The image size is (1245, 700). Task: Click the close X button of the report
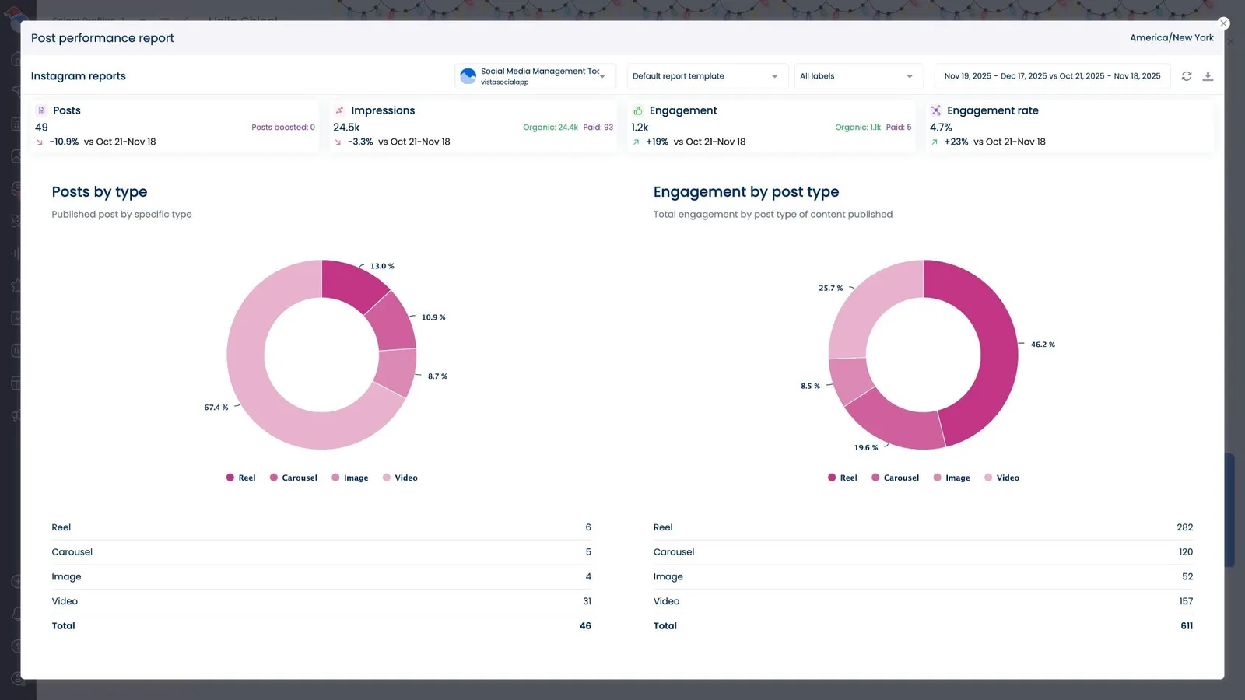tap(1223, 23)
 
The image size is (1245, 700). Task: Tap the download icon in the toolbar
tap(1208, 76)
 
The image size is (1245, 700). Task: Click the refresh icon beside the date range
tap(1186, 76)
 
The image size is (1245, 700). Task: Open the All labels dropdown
tap(857, 76)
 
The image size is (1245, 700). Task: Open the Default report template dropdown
tap(705, 76)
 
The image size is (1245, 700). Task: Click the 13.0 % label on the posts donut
tap(382, 266)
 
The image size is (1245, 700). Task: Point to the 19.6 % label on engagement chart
tap(865, 448)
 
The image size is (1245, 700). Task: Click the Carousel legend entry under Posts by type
tap(294, 478)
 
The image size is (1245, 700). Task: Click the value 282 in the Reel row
tap(1184, 527)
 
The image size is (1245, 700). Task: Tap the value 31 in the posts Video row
tap(587, 601)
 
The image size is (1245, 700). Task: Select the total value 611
tap(1186, 626)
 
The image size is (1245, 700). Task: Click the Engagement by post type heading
tap(745, 192)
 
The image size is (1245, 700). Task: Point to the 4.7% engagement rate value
tap(941, 128)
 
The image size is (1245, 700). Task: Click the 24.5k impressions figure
tap(346, 128)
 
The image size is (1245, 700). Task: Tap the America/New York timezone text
tap(1171, 37)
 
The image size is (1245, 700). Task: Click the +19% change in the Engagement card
tap(657, 142)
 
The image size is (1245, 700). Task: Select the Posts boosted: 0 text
tap(282, 128)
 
